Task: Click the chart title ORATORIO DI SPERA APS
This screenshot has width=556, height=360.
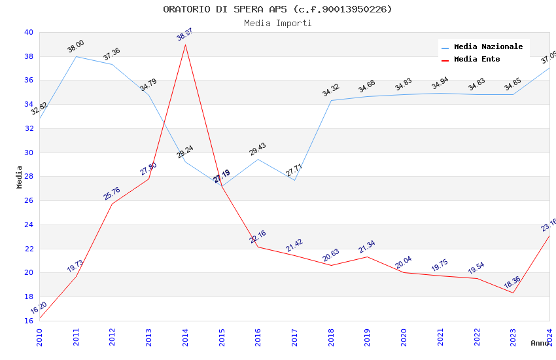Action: (x=277, y=9)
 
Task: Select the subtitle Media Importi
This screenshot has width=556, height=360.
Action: (x=277, y=23)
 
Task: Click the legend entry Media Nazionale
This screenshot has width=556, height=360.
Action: (x=488, y=46)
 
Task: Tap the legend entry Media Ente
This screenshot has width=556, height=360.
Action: (x=477, y=59)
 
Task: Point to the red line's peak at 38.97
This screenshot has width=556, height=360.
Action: (x=185, y=45)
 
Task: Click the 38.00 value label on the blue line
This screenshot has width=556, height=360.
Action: (x=76, y=46)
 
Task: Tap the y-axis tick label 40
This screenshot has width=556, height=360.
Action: (x=28, y=32)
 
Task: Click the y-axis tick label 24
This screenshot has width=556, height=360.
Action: (x=28, y=225)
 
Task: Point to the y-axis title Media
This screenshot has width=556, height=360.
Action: (x=20, y=177)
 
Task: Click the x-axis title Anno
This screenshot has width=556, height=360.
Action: (x=540, y=343)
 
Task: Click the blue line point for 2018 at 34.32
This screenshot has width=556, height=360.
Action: (x=331, y=101)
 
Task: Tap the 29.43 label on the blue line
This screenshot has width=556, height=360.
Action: (x=258, y=149)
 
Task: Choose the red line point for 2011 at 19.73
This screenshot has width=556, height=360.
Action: (x=76, y=276)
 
